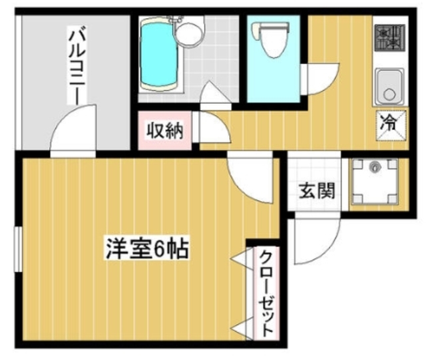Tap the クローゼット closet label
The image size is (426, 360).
click(265, 292)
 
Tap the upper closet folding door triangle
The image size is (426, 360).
click(239, 257)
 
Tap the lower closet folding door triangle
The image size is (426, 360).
click(240, 327)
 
